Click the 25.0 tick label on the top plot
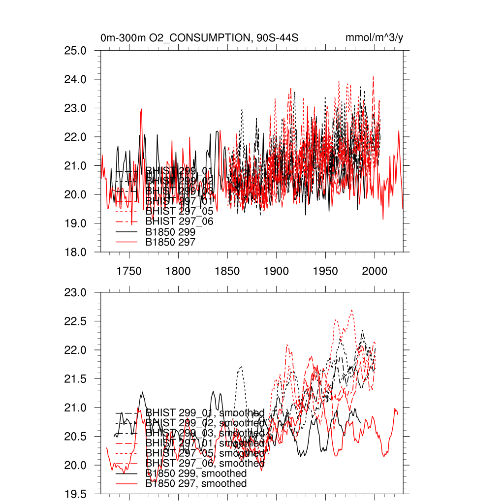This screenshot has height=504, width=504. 76,51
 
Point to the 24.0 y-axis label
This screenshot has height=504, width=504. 76,79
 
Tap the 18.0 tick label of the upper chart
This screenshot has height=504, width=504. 76,252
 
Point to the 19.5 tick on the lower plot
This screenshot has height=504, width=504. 76,494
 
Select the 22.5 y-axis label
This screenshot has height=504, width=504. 76,321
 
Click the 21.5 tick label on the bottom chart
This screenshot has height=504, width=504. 76,379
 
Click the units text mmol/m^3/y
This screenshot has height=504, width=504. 375,38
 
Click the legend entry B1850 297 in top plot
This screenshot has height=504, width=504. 171,242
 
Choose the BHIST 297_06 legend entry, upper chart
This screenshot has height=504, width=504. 180,221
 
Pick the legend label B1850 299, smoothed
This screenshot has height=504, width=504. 196,473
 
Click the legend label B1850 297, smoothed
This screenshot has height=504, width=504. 196,484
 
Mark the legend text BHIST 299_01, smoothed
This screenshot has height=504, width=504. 205,412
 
